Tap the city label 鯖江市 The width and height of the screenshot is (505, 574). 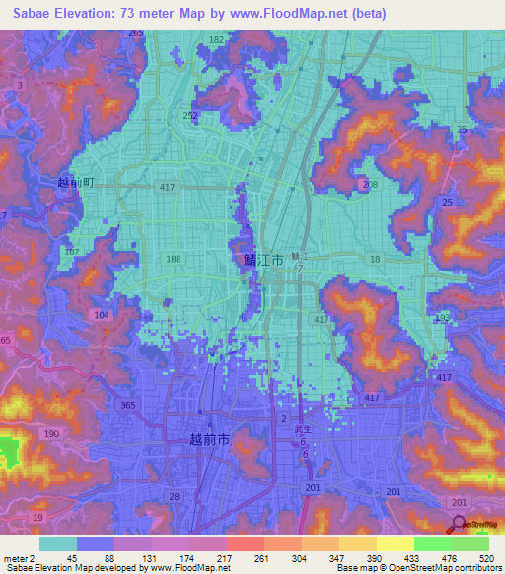[x=262, y=260]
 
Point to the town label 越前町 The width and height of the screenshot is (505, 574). [x=75, y=182]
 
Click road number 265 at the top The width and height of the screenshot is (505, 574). [x=135, y=33]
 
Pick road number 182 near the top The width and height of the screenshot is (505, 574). [x=216, y=39]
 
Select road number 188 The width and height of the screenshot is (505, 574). [x=174, y=259]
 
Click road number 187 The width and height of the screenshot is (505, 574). [x=71, y=251]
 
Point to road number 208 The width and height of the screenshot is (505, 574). [x=370, y=184]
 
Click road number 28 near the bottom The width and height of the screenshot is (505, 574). [x=174, y=496]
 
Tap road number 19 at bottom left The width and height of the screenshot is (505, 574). [x=37, y=517]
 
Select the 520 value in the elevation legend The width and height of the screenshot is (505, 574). [x=485, y=557]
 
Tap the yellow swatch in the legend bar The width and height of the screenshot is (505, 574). [x=395, y=543]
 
